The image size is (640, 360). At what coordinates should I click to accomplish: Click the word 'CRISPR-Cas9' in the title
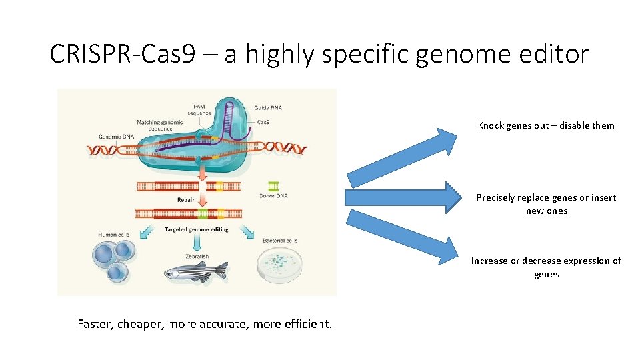point(123,54)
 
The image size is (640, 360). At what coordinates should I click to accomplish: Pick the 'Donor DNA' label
point(273,195)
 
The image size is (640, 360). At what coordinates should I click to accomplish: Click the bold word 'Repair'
point(186,199)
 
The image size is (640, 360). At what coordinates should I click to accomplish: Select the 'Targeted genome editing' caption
point(196,229)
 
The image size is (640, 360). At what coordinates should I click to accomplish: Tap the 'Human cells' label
point(113,235)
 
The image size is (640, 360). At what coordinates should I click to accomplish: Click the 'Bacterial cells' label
point(280,240)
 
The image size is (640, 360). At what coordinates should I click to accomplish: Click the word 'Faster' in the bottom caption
point(96,325)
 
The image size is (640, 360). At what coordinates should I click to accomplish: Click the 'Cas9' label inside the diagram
point(263,122)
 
